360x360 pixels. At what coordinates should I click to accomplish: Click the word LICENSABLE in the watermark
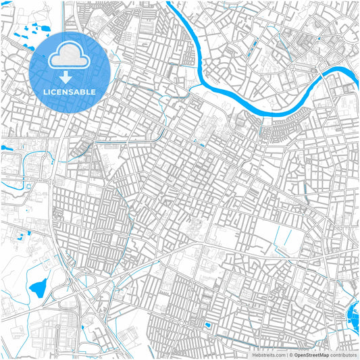click(x=70, y=91)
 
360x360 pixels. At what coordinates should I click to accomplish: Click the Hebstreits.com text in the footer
click(x=268, y=355)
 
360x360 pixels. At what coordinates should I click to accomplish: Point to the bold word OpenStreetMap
click(x=311, y=355)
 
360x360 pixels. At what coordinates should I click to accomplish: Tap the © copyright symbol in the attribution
click(x=291, y=355)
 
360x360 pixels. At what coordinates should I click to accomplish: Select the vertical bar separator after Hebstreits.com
click(x=286, y=355)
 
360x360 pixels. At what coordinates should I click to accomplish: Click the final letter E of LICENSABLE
click(x=93, y=91)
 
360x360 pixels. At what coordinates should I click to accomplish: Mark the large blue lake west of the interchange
click(x=38, y=289)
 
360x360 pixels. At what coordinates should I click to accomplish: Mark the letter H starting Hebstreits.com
click(x=254, y=355)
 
